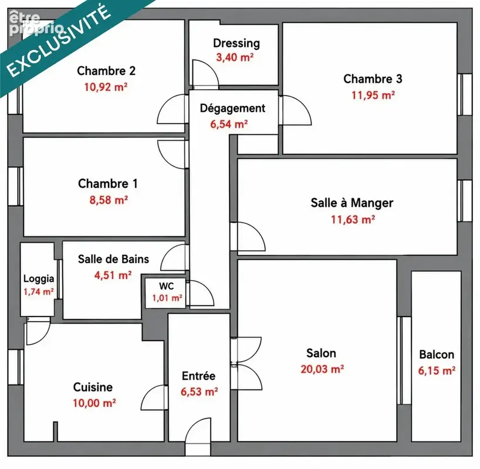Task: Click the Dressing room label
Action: pos(236,43)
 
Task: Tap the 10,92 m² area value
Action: pos(106,87)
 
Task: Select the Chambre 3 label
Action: pos(373,79)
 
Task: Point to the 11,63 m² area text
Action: pos(353,219)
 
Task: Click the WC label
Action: pos(166,286)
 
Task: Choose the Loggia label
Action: pos(39,279)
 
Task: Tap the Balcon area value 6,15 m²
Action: pos(437,371)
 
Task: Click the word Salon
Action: pos(321,354)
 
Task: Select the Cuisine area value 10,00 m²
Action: pos(94,403)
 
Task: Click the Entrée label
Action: pos(199,376)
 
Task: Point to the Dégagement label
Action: pos(232,108)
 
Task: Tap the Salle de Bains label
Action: pos(114,259)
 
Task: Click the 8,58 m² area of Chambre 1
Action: pos(109,200)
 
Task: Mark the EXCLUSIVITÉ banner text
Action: pos(58,40)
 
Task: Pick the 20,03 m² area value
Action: pos(322,369)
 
